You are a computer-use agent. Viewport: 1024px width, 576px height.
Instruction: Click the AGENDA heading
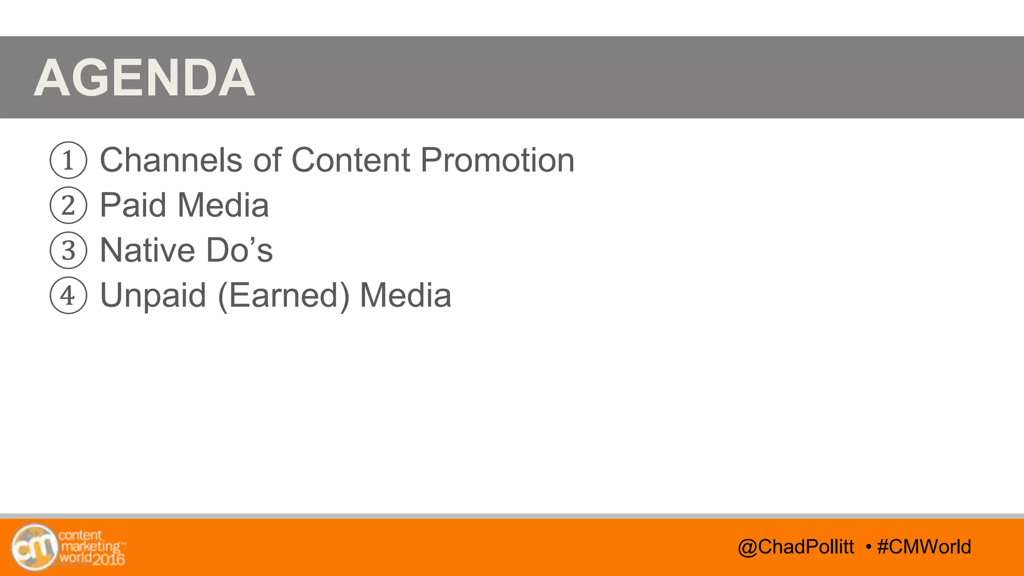(x=144, y=78)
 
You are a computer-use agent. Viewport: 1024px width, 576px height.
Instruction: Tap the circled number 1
(x=68, y=160)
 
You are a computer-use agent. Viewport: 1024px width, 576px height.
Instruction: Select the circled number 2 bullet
(x=68, y=205)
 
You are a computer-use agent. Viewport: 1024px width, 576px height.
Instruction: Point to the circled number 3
(x=68, y=250)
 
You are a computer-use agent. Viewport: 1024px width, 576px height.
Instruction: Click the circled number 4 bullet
(x=68, y=295)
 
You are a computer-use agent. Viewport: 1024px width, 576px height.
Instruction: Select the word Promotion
(x=497, y=160)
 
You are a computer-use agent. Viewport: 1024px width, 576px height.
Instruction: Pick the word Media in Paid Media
(x=223, y=205)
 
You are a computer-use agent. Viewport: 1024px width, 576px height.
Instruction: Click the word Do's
(x=239, y=250)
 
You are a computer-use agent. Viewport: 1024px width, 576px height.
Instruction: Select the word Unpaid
(x=153, y=295)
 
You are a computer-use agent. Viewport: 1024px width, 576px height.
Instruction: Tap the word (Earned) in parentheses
(x=283, y=295)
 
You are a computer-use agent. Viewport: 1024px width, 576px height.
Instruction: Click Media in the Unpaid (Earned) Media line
(x=405, y=295)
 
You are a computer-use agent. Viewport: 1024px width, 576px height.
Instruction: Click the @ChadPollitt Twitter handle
(x=796, y=547)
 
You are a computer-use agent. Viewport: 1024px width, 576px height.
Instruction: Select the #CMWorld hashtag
(x=924, y=547)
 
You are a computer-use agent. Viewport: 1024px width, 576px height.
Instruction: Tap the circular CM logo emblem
(x=34, y=547)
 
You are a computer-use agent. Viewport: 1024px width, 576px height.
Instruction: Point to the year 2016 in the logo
(x=108, y=559)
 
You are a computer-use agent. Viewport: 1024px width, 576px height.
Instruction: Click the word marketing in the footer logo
(x=90, y=546)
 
